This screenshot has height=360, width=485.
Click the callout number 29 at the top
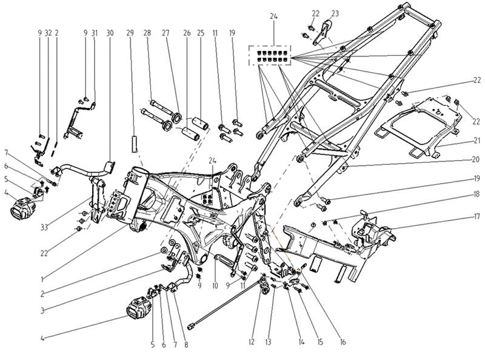(130, 33)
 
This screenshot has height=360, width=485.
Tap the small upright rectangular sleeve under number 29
(134, 144)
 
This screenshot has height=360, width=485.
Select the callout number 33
(44, 228)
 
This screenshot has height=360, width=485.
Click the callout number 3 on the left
(42, 310)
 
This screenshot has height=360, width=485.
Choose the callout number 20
(476, 159)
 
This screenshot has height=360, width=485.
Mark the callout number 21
(477, 141)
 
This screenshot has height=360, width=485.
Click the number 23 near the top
(335, 13)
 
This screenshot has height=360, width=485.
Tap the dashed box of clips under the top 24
(270, 55)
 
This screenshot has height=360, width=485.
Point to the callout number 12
(251, 342)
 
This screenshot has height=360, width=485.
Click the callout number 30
(110, 33)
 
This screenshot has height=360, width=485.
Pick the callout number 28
(147, 33)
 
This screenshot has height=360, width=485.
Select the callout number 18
(477, 194)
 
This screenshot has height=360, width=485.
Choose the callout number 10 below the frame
(215, 285)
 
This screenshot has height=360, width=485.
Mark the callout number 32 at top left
(48, 33)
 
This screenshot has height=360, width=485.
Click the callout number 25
(201, 33)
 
